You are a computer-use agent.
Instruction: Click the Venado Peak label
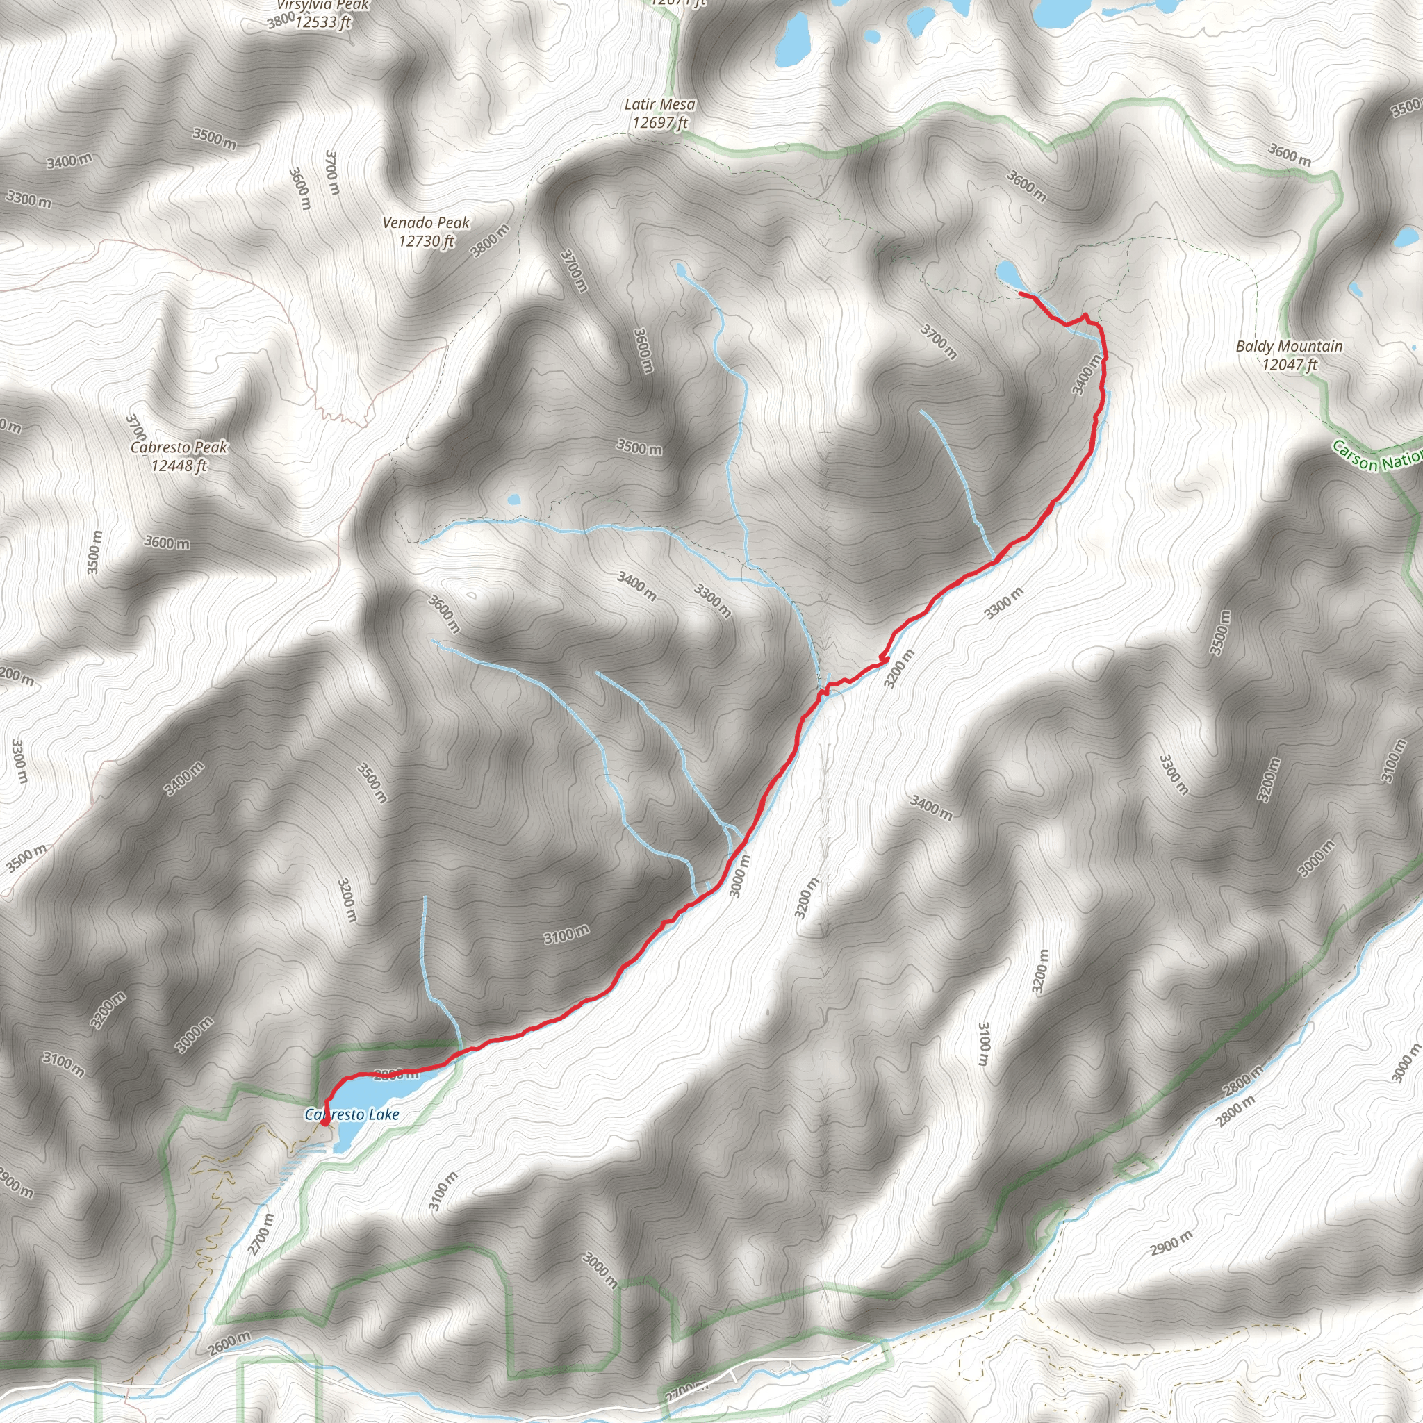click(x=426, y=222)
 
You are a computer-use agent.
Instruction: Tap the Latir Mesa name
click(x=659, y=105)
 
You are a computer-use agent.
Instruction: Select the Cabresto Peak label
click(x=179, y=447)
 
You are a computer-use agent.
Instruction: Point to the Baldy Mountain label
click(x=1289, y=346)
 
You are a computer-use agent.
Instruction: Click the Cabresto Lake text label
click(x=352, y=1115)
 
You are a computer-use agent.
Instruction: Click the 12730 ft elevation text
click(x=427, y=241)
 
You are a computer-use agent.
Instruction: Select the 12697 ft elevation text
click(x=659, y=123)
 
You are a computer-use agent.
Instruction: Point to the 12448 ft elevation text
click(x=179, y=466)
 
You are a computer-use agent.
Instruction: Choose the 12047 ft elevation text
click(x=1289, y=365)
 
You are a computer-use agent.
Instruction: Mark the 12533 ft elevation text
click(x=322, y=22)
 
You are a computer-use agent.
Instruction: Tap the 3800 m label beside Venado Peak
click(x=490, y=240)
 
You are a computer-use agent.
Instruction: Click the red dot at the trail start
click(x=324, y=1123)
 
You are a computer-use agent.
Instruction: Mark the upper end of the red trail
click(x=1021, y=293)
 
